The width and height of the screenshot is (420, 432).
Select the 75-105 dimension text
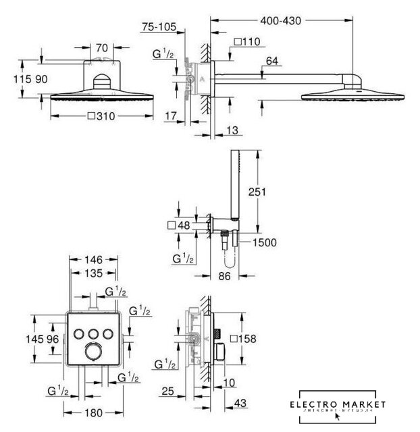click(159, 28)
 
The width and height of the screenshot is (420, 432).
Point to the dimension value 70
click(101, 49)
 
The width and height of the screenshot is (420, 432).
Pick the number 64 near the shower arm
click(272, 61)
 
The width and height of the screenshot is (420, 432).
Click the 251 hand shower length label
click(257, 192)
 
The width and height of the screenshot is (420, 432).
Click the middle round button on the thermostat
click(93, 333)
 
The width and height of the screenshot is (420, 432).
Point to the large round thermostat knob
click(93, 355)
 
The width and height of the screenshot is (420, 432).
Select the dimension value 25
click(169, 390)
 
